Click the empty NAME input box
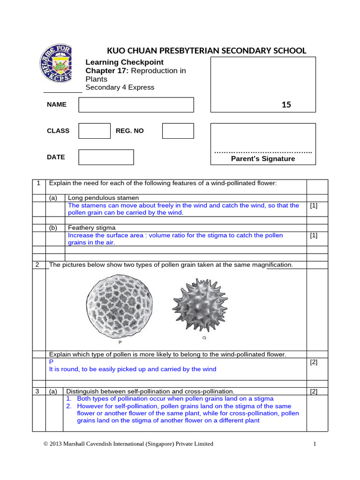pos(136,105)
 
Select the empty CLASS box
pos(94,131)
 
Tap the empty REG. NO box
pos(178,131)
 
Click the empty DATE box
pos(106,157)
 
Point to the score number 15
pos(286,105)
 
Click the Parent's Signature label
pos(263,159)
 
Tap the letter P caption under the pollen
pos(114,343)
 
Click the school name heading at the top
pos(207,51)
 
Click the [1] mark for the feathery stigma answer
pos(314,235)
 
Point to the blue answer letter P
pos(52,362)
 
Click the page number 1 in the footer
pos(315,443)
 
